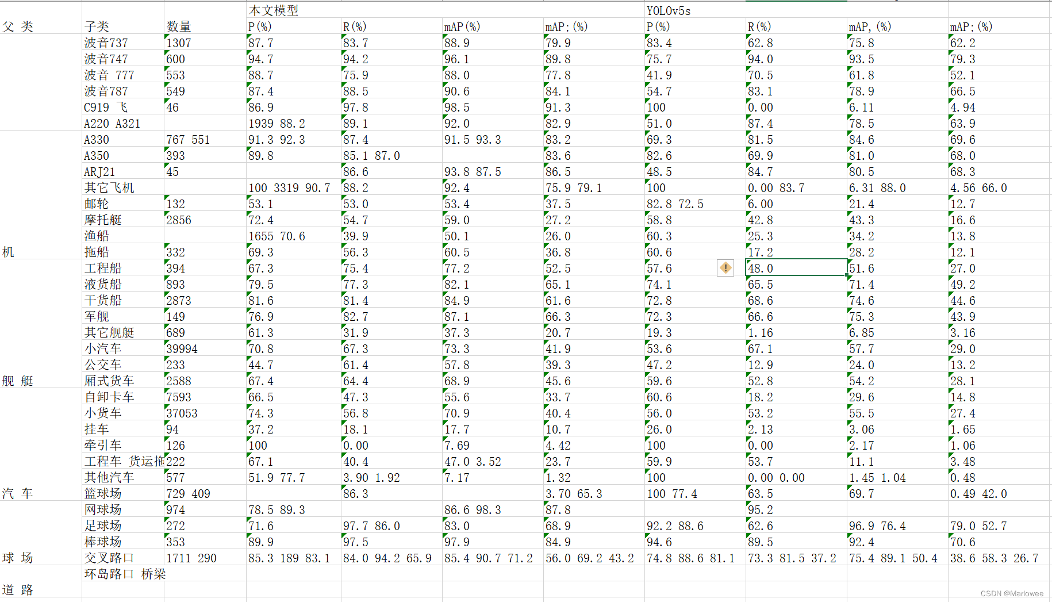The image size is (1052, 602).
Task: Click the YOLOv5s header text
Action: pyautogui.click(x=668, y=11)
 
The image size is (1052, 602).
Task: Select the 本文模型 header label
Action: pyautogui.click(x=273, y=10)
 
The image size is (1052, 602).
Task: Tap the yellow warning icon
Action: pyautogui.click(x=725, y=268)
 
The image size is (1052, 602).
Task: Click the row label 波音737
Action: pyautogui.click(x=106, y=43)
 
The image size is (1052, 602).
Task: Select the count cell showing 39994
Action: pyautogui.click(x=182, y=348)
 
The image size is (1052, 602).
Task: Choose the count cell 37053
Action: pyautogui.click(x=182, y=413)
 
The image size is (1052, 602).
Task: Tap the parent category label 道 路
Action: pyautogui.click(x=18, y=590)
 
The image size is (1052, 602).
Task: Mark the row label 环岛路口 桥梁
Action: pyautogui.click(x=125, y=574)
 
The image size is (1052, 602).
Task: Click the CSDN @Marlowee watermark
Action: pyautogui.click(x=1011, y=593)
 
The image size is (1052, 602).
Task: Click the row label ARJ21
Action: pyautogui.click(x=99, y=171)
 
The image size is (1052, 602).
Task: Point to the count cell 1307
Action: pyautogui.click(x=179, y=43)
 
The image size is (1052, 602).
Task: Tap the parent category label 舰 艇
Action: pyautogui.click(x=18, y=381)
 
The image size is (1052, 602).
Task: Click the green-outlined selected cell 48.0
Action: pyautogui.click(x=796, y=268)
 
